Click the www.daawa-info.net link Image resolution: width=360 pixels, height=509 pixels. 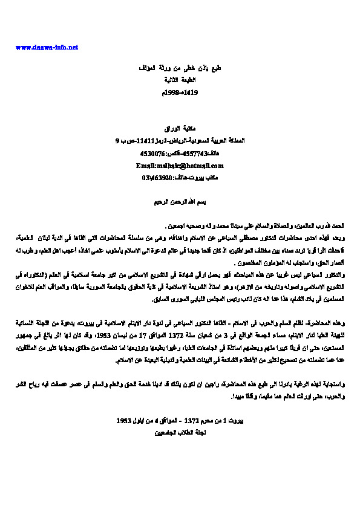47,47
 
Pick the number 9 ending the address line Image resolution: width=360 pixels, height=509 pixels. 117,141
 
